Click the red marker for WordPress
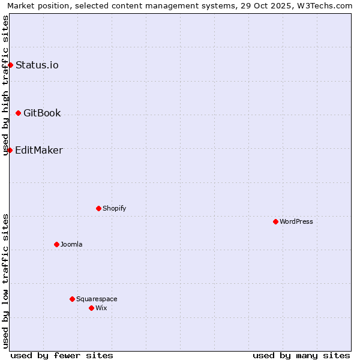(275, 221)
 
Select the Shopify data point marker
(98, 208)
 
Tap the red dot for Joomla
(56, 244)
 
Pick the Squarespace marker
(72, 299)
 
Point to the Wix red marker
(91, 308)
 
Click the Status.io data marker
(10, 65)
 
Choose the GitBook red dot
(18, 113)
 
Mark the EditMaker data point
(10, 150)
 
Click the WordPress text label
(296, 221)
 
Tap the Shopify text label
(114, 208)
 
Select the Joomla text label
(71, 244)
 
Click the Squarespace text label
(97, 299)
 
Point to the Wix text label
(101, 308)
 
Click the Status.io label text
(37, 65)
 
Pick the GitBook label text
(42, 113)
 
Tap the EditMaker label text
(39, 150)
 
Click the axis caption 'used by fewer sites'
(62, 355)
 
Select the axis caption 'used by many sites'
(301, 355)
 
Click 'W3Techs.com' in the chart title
(326, 5)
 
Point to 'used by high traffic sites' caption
(5, 85)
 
